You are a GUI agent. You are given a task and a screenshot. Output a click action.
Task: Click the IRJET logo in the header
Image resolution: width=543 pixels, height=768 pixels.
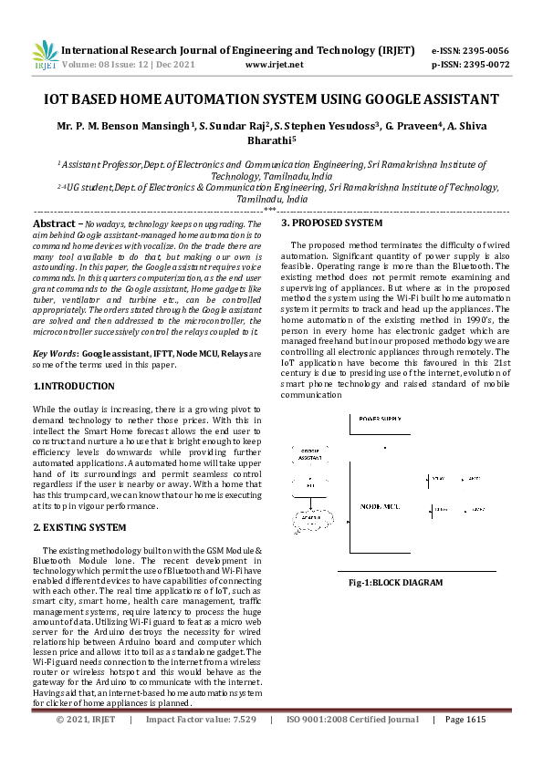(47, 57)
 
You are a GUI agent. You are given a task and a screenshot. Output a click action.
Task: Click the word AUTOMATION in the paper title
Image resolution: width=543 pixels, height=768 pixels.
(235, 99)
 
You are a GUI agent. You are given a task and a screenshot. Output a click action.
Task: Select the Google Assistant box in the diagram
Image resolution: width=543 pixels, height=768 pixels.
(309, 452)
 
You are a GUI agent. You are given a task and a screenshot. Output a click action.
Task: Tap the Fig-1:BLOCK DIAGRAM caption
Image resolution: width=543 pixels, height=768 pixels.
(396, 582)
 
